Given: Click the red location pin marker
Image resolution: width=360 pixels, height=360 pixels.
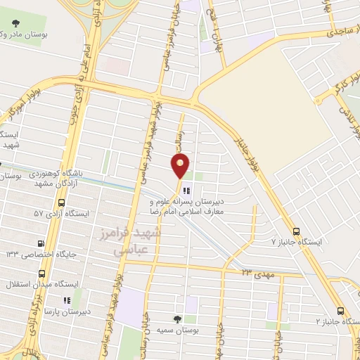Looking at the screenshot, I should pos(181,167).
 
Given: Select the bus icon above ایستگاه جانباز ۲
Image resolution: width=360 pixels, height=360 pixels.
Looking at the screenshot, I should pos(340,311).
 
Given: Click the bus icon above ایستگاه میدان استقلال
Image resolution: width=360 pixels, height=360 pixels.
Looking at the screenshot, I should pos(41,273).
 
